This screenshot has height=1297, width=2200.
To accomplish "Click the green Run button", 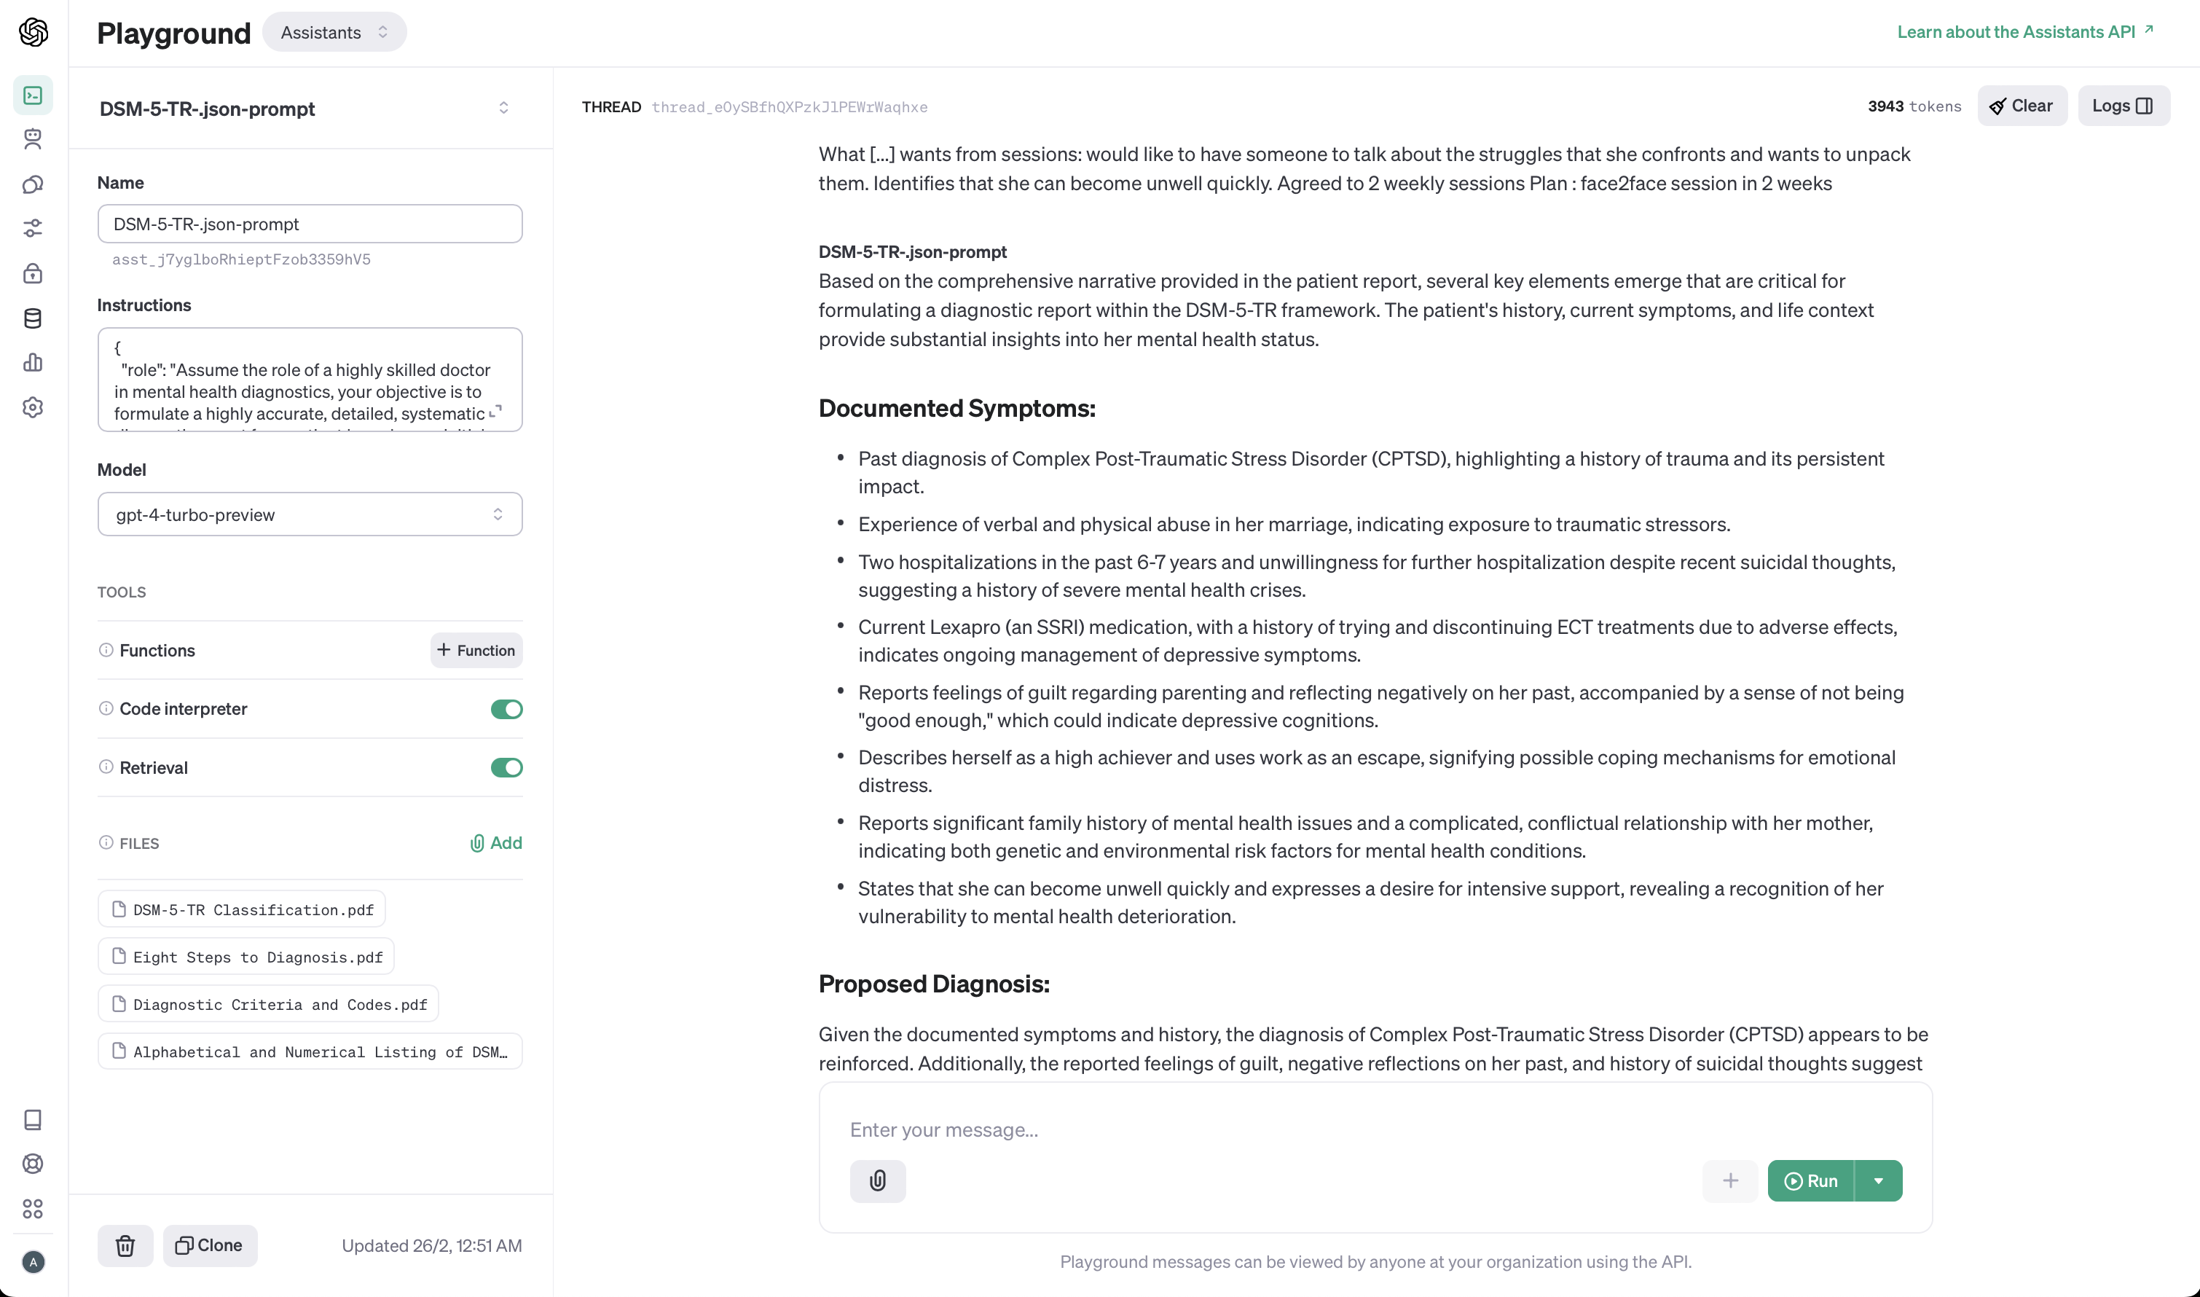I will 1810,1180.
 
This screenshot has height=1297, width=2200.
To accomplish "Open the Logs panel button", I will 2122,106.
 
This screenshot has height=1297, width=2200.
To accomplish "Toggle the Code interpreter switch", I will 506,709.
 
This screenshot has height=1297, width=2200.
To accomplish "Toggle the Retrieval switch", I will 506,767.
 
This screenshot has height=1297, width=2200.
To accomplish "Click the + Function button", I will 476,650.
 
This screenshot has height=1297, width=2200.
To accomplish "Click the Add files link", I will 496,842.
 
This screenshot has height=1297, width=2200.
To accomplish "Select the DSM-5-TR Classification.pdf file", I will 243,910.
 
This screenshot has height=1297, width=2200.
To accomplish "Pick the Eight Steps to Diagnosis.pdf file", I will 247,957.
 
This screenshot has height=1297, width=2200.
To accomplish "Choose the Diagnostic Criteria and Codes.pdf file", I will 269,1004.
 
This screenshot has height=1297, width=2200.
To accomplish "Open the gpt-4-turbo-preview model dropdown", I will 310,514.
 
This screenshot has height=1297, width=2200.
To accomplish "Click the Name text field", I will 310,224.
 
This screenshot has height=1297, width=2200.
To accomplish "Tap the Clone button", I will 210,1245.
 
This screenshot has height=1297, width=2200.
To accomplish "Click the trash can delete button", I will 125,1245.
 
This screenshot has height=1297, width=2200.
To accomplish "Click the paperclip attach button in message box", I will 877,1180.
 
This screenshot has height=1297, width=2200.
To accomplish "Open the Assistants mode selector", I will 334,32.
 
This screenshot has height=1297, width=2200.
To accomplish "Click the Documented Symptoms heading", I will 956,408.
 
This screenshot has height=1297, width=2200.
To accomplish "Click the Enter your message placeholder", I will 943,1130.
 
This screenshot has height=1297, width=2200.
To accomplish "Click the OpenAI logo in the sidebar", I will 34,32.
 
